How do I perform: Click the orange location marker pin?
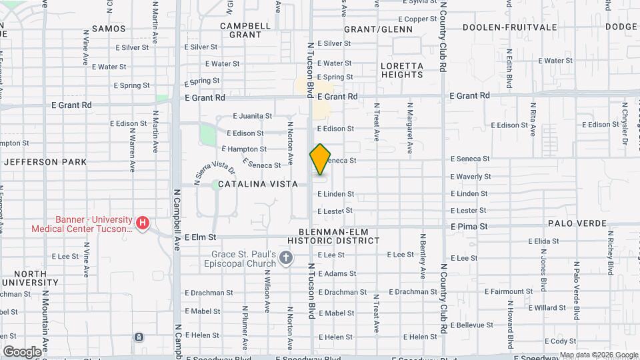(321, 159)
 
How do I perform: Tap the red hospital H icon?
(141, 222)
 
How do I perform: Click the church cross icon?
(286, 257)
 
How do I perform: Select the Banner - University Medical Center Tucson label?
(82, 224)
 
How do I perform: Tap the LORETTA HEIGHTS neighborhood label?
(401, 70)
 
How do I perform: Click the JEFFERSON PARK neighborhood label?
(45, 162)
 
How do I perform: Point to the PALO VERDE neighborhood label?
(577, 223)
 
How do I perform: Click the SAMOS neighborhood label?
(108, 28)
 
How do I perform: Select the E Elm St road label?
(201, 237)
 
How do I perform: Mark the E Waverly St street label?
(471, 177)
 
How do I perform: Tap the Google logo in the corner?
(21, 351)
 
